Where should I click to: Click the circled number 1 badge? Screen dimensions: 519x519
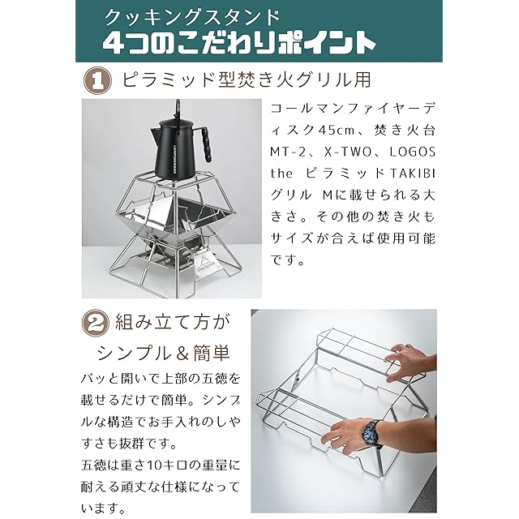point(97,80)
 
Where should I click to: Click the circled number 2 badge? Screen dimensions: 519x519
point(96,322)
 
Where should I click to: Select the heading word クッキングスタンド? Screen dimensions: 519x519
point(192,18)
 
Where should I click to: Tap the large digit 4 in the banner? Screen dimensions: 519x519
point(114,43)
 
